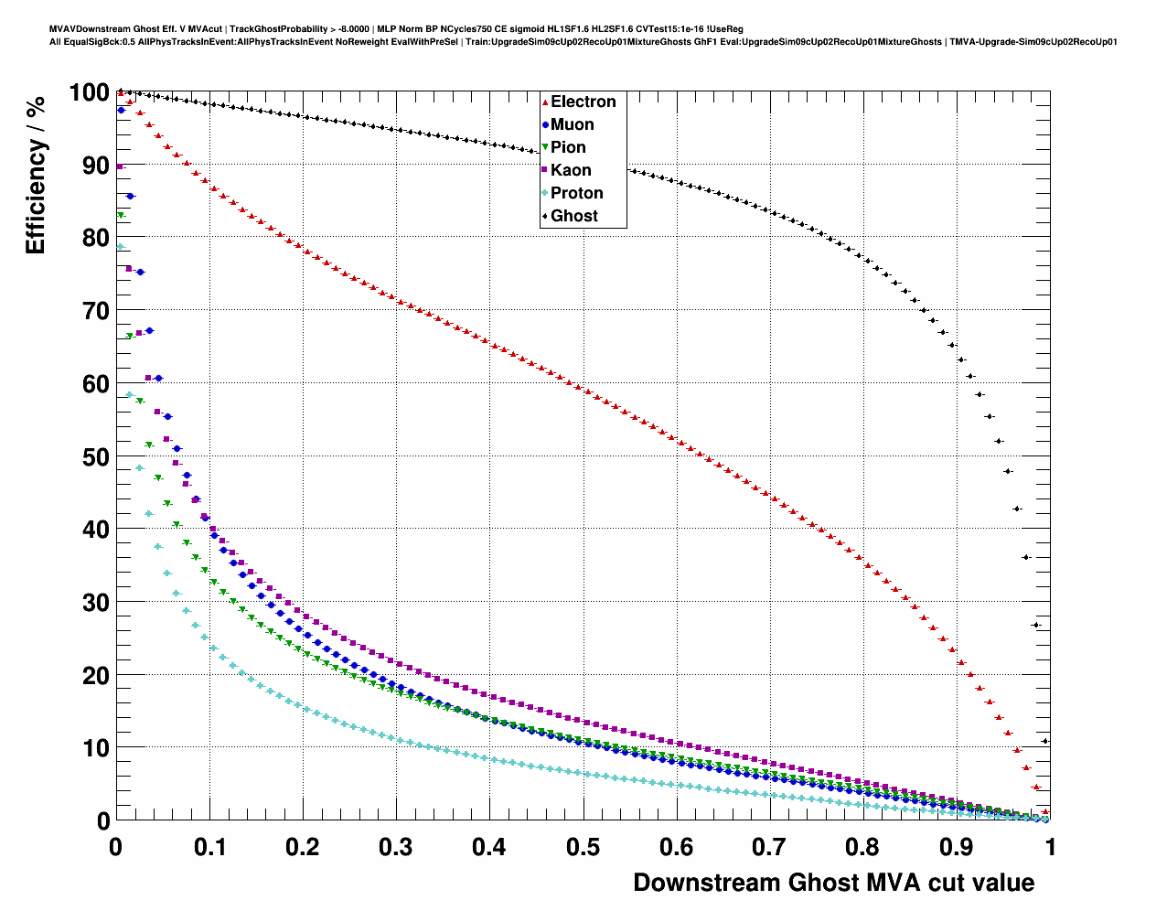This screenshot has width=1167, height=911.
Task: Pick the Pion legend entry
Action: click(568, 147)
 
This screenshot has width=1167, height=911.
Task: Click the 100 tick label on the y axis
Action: click(89, 92)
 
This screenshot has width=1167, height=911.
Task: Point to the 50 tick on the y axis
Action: click(95, 456)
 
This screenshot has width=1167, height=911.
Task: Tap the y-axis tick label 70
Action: click(95, 311)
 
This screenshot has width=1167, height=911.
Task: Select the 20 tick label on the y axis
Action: click(95, 675)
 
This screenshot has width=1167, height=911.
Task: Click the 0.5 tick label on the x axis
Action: click(583, 847)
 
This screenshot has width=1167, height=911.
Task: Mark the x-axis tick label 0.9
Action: click(957, 847)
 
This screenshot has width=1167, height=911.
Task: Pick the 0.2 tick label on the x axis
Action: click(302, 847)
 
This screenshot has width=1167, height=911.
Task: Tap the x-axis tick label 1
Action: click(1050, 847)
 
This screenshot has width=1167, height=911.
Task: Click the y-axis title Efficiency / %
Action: click(36, 174)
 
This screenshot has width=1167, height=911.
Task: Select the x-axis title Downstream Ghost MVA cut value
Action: click(833, 883)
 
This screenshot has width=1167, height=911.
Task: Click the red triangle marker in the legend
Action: click(545, 102)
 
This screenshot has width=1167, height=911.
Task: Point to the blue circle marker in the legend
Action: click(545, 125)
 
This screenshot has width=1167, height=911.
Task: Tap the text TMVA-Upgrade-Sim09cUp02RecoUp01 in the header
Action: click(1033, 42)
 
